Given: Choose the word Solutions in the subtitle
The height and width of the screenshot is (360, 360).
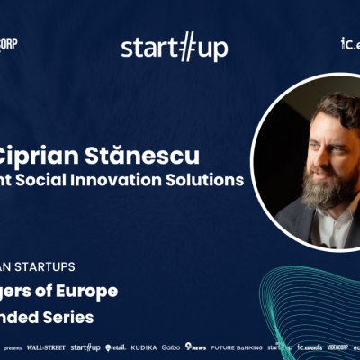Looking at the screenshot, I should pyautogui.click(x=209, y=179).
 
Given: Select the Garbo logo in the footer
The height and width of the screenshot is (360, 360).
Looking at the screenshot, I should pyautogui.click(x=171, y=346).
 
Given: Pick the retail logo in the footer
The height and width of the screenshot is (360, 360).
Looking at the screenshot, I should pyautogui.click(x=113, y=346).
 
